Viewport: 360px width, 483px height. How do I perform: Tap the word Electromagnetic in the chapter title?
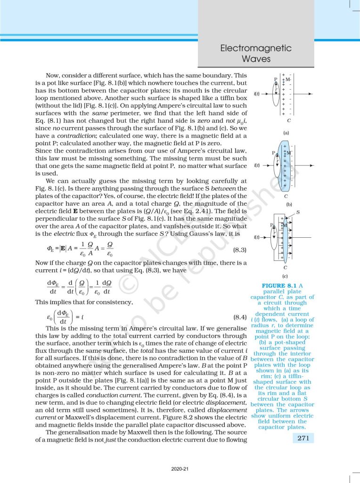pos(256,49)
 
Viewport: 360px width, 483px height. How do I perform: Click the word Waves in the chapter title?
pos(256,59)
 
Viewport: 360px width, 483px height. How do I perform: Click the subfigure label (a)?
pos(286,133)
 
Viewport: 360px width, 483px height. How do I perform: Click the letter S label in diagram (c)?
pos(298,213)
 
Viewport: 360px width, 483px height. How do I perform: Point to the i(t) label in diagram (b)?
pos(257,165)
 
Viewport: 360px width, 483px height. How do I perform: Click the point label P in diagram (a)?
pos(276,79)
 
